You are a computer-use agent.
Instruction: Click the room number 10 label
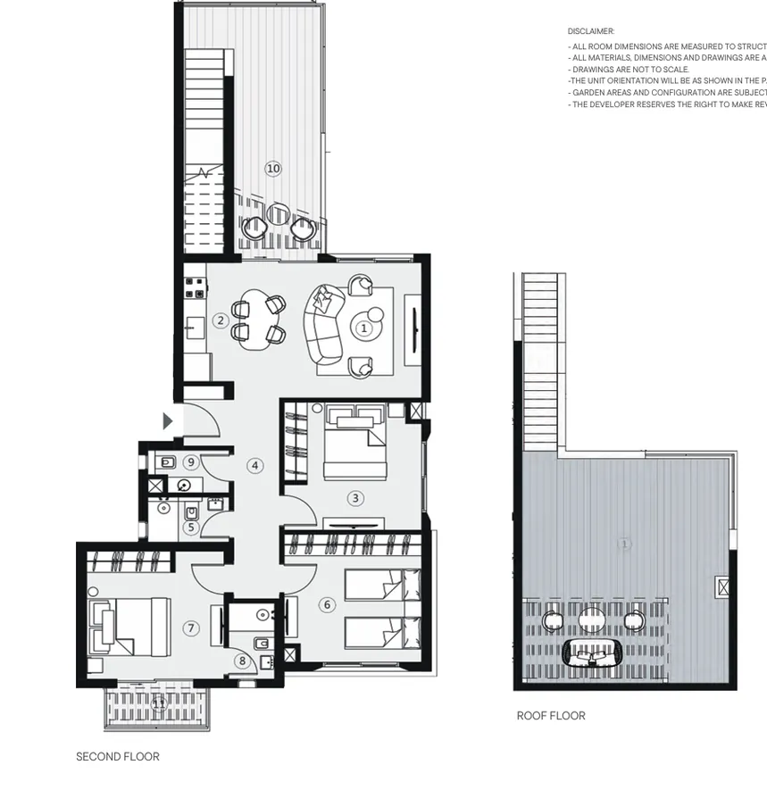pyautogui.click(x=273, y=169)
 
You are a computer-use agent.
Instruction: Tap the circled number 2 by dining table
pyautogui.click(x=221, y=321)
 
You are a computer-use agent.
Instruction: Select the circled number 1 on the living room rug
pyautogui.click(x=363, y=328)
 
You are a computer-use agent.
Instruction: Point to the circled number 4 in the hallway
pyautogui.click(x=255, y=465)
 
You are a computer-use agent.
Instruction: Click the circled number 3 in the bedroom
pyautogui.click(x=355, y=499)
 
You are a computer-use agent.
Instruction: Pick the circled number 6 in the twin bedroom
pyautogui.click(x=327, y=605)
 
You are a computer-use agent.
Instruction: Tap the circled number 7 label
pyautogui.click(x=190, y=628)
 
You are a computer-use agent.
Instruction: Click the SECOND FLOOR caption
pyautogui.click(x=118, y=757)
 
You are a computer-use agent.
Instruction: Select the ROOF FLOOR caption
pyautogui.click(x=551, y=716)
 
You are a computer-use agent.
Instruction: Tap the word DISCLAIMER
pyautogui.click(x=591, y=31)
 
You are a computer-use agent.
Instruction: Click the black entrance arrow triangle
pyautogui.click(x=167, y=421)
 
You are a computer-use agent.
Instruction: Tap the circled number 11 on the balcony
pyautogui.click(x=159, y=704)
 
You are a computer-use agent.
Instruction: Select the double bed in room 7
pyautogui.click(x=132, y=626)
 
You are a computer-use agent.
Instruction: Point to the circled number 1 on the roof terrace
pyautogui.click(x=624, y=544)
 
